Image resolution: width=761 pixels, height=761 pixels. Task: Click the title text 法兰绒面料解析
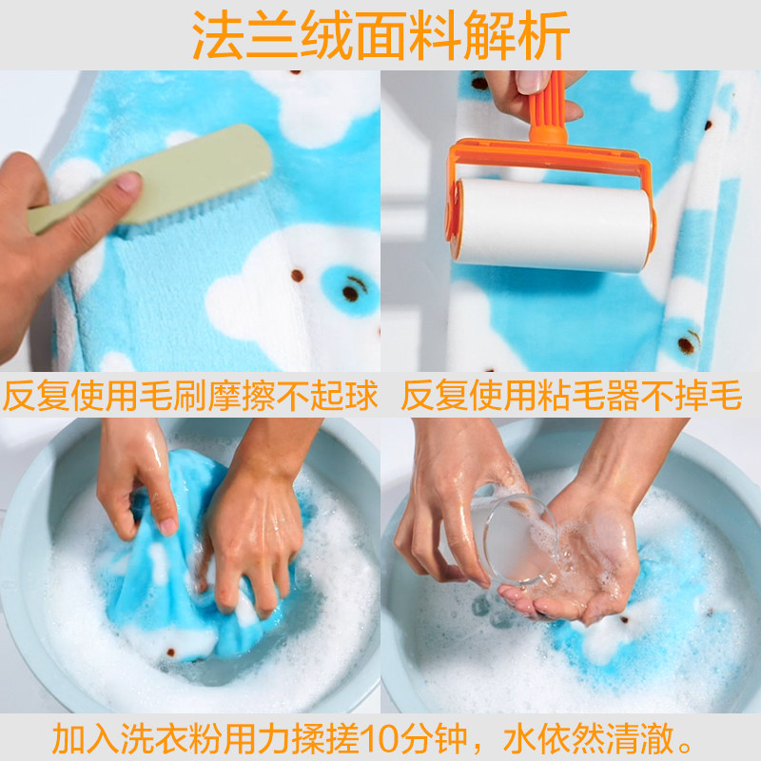click(380, 35)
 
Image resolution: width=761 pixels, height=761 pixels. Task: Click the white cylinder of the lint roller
click(554, 224)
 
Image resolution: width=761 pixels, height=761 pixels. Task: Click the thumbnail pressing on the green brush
click(128, 183)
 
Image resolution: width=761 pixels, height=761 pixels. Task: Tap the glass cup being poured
click(515, 538)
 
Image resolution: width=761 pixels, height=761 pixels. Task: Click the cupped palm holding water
click(577, 577)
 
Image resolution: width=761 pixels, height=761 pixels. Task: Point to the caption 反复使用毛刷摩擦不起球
click(190, 395)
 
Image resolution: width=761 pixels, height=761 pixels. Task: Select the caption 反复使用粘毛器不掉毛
click(572, 395)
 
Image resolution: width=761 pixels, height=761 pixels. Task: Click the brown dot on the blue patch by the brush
click(350, 293)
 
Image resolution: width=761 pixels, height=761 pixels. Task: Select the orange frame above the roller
click(551, 160)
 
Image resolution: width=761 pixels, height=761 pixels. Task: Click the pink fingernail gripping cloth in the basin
click(168, 527)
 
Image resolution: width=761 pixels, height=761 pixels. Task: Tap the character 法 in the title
click(218, 35)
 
